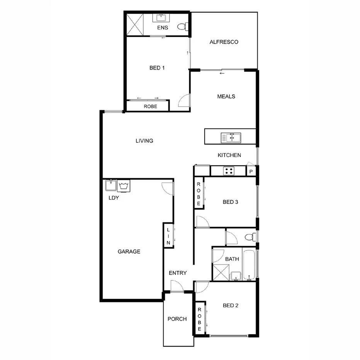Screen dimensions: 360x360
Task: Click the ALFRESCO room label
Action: pyautogui.click(x=224, y=42)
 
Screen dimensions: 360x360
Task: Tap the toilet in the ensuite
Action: pyautogui.click(x=182, y=27)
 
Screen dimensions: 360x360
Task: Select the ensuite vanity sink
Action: pyautogui.click(x=160, y=18)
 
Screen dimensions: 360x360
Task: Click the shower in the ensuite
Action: pyautogui.click(x=134, y=24)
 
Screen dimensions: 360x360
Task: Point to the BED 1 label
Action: pyautogui.click(x=157, y=68)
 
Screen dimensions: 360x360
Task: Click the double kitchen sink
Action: pyautogui.click(x=231, y=138)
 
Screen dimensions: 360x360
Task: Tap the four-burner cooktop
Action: pyautogui.click(x=228, y=171)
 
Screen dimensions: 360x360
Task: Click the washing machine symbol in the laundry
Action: pyautogui.click(x=124, y=186)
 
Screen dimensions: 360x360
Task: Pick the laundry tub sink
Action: pyautogui.click(x=110, y=185)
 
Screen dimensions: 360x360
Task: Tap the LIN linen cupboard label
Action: pyautogui.click(x=168, y=236)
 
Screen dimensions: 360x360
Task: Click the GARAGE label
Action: pyautogui.click(x=129, y=251)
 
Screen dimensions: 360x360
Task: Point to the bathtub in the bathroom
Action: pyautogui.click(x=250, y=265)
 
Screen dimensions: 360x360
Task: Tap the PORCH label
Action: pyautogui.click(x=177, y=319)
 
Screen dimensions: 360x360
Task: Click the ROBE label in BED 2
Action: pyautogui.click(x=199, y=319)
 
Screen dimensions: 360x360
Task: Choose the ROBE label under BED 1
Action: pyautogui.click(x=150, y=106)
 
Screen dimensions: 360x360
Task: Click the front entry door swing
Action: pyautogui.click(x=177, y=286)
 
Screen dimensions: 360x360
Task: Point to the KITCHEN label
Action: pyautogui.click(x=229, y=155)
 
